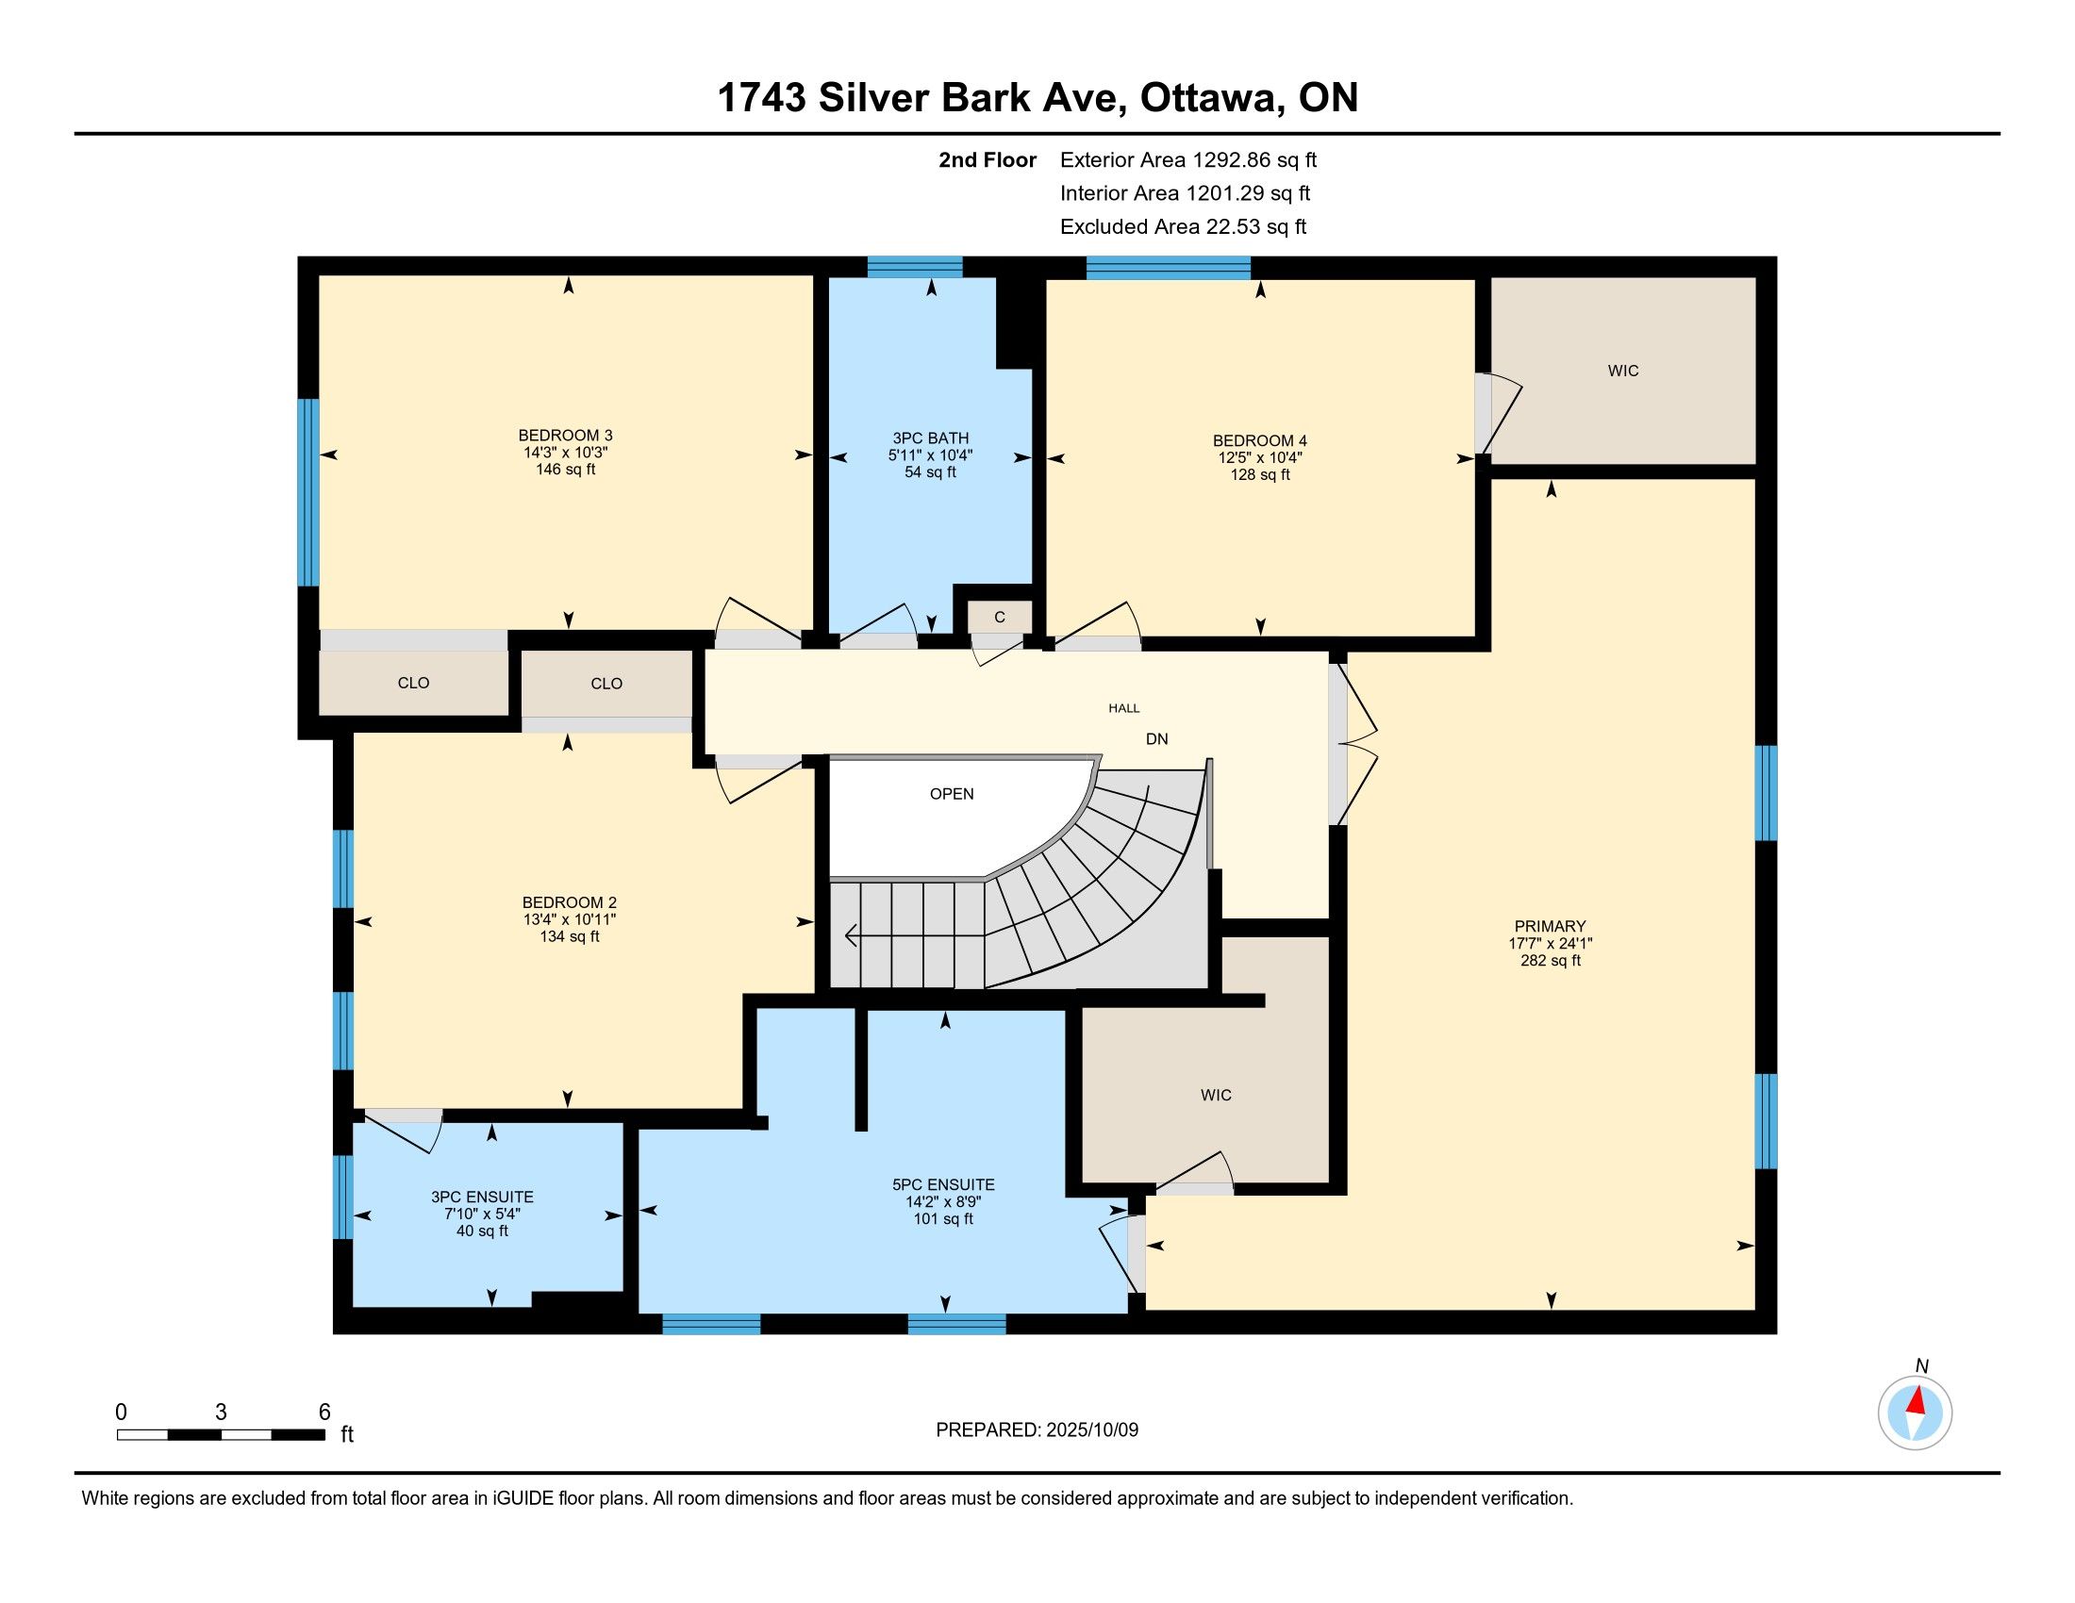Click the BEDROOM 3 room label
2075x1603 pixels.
coord(565,436)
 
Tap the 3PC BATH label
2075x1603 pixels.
coord(930,438)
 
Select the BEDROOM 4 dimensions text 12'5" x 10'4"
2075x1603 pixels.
coord(1260,457)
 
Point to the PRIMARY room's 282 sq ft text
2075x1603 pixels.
coord(1551,960)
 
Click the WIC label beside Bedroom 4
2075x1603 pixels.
coord(1623,371)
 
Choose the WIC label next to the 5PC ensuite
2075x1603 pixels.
coord(1216,1095)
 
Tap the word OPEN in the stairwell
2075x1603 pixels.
coord(952,794)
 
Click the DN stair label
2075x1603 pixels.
coord(1156,739)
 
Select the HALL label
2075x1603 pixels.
coord(1124,707)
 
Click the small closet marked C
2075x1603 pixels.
coord(1000,618)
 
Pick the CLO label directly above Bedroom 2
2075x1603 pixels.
coord(606,684)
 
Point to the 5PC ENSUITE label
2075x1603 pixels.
coord(943,1185)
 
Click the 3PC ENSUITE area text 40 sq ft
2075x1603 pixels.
coord(482,1231)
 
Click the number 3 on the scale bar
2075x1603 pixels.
coord(222,1413)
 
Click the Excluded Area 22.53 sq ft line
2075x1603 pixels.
coord(1183,227)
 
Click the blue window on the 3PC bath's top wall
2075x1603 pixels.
coord(915,267)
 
